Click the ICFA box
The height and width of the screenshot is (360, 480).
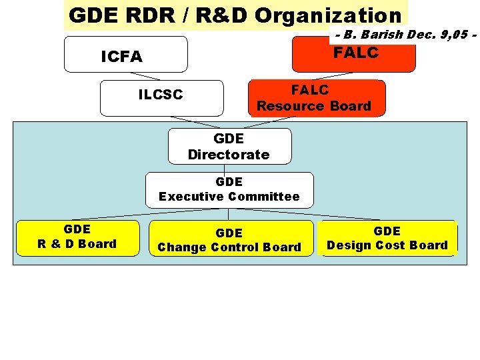tap(125, 55)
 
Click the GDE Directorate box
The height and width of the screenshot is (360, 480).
tap(229, 147)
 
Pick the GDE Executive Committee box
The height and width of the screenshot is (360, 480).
tap(229, 189)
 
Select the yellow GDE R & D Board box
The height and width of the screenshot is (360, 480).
tap(77, 237)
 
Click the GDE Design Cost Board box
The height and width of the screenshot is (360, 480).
tap(387, 238)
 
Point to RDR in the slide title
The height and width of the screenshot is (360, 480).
tap(139, 15)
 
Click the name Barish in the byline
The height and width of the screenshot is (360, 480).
tap(381, 33)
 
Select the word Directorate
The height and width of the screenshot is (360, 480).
tap(229, 155)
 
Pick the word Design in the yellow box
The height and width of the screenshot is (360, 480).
tap(349, 245)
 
